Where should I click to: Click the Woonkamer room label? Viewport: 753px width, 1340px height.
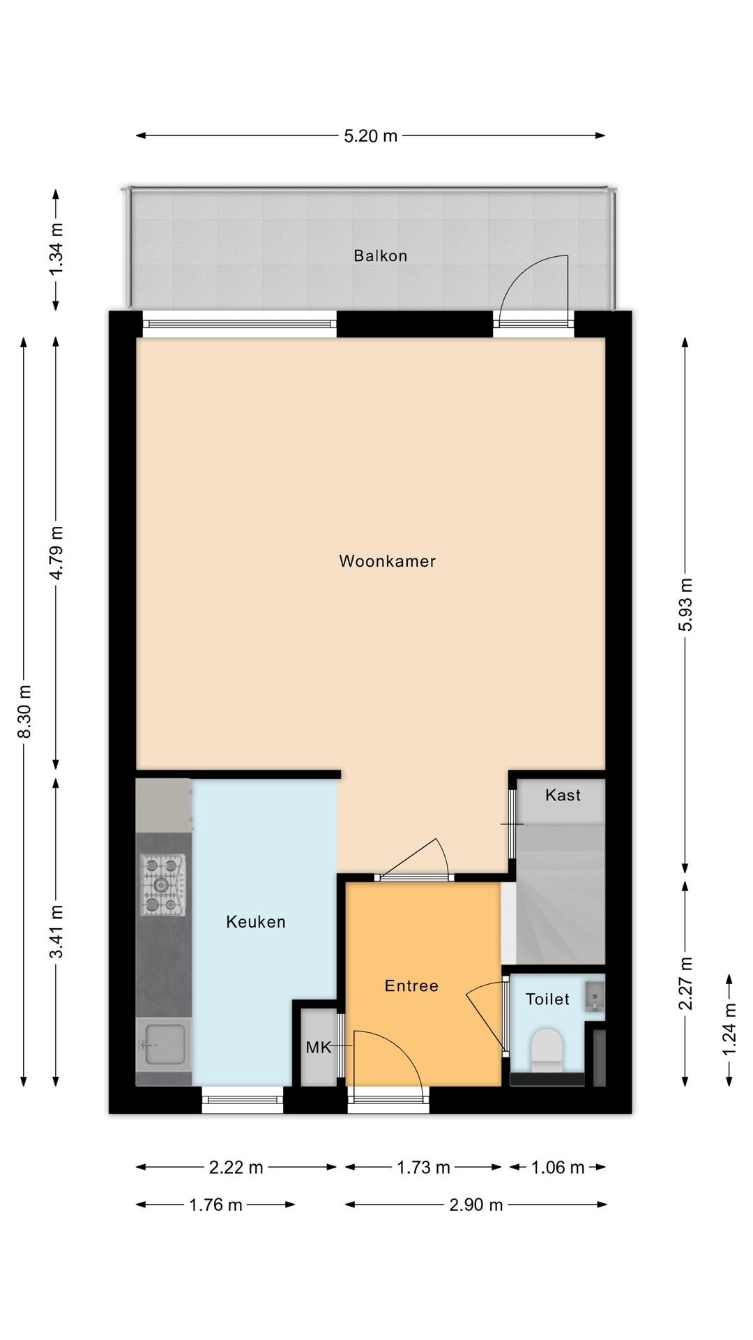tap(387, 561)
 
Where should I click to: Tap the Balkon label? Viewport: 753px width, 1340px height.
tap(380, 256)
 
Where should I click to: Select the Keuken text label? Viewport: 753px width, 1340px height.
tap(256, 922)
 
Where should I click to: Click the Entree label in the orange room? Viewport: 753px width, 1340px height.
tap(411, 985)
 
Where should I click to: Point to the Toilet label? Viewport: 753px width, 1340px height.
tap(547, 999)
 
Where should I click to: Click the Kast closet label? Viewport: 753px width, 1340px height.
tap(563, 796)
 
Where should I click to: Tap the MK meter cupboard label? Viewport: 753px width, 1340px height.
tap(318, 1048)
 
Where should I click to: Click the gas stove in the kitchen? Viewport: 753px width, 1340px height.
tap(164, 886)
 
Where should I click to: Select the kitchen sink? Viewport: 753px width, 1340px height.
tap(163, 1044)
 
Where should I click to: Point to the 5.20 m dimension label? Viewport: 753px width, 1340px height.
tap(370, 136)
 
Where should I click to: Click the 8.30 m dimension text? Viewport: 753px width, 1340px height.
tap(24, 711)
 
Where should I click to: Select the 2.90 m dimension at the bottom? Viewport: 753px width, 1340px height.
tap(476, 1205)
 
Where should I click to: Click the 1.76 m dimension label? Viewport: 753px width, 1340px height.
tap(215, 1205)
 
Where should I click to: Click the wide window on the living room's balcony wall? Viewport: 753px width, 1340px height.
tap(240, 324)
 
